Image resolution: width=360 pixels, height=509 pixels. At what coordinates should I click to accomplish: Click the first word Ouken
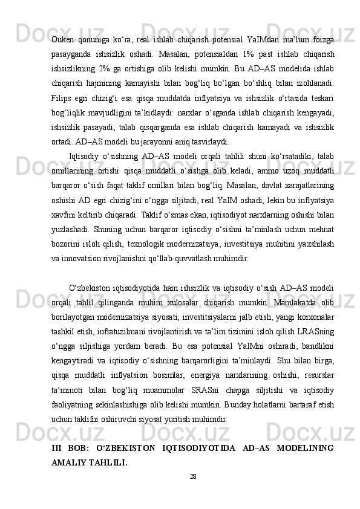point(64,41)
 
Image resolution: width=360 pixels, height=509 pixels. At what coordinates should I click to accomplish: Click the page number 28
point(193,476)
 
